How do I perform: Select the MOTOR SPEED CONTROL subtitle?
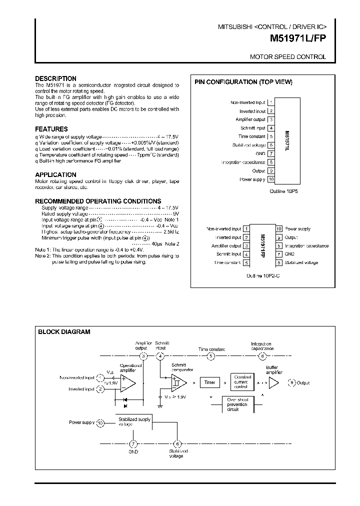[287, 57]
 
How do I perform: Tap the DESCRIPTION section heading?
[55, 78]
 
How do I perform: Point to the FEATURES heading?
[51, 129]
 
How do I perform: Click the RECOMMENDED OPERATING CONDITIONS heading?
[98, 201]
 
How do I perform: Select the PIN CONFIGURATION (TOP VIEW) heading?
[243, 82]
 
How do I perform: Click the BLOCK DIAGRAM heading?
[64, 331]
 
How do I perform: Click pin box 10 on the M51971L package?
[271, 179]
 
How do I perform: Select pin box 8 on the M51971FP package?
[279, 262]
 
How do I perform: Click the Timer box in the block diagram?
[209, 382]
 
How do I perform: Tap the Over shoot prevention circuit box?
[237, 404]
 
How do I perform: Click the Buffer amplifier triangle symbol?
[273, 382]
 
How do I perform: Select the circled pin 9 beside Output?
[292, 383]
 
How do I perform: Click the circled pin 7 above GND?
[133, 443]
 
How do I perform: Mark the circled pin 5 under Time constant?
[211, 356]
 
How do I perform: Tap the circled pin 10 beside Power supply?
[100, 422]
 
